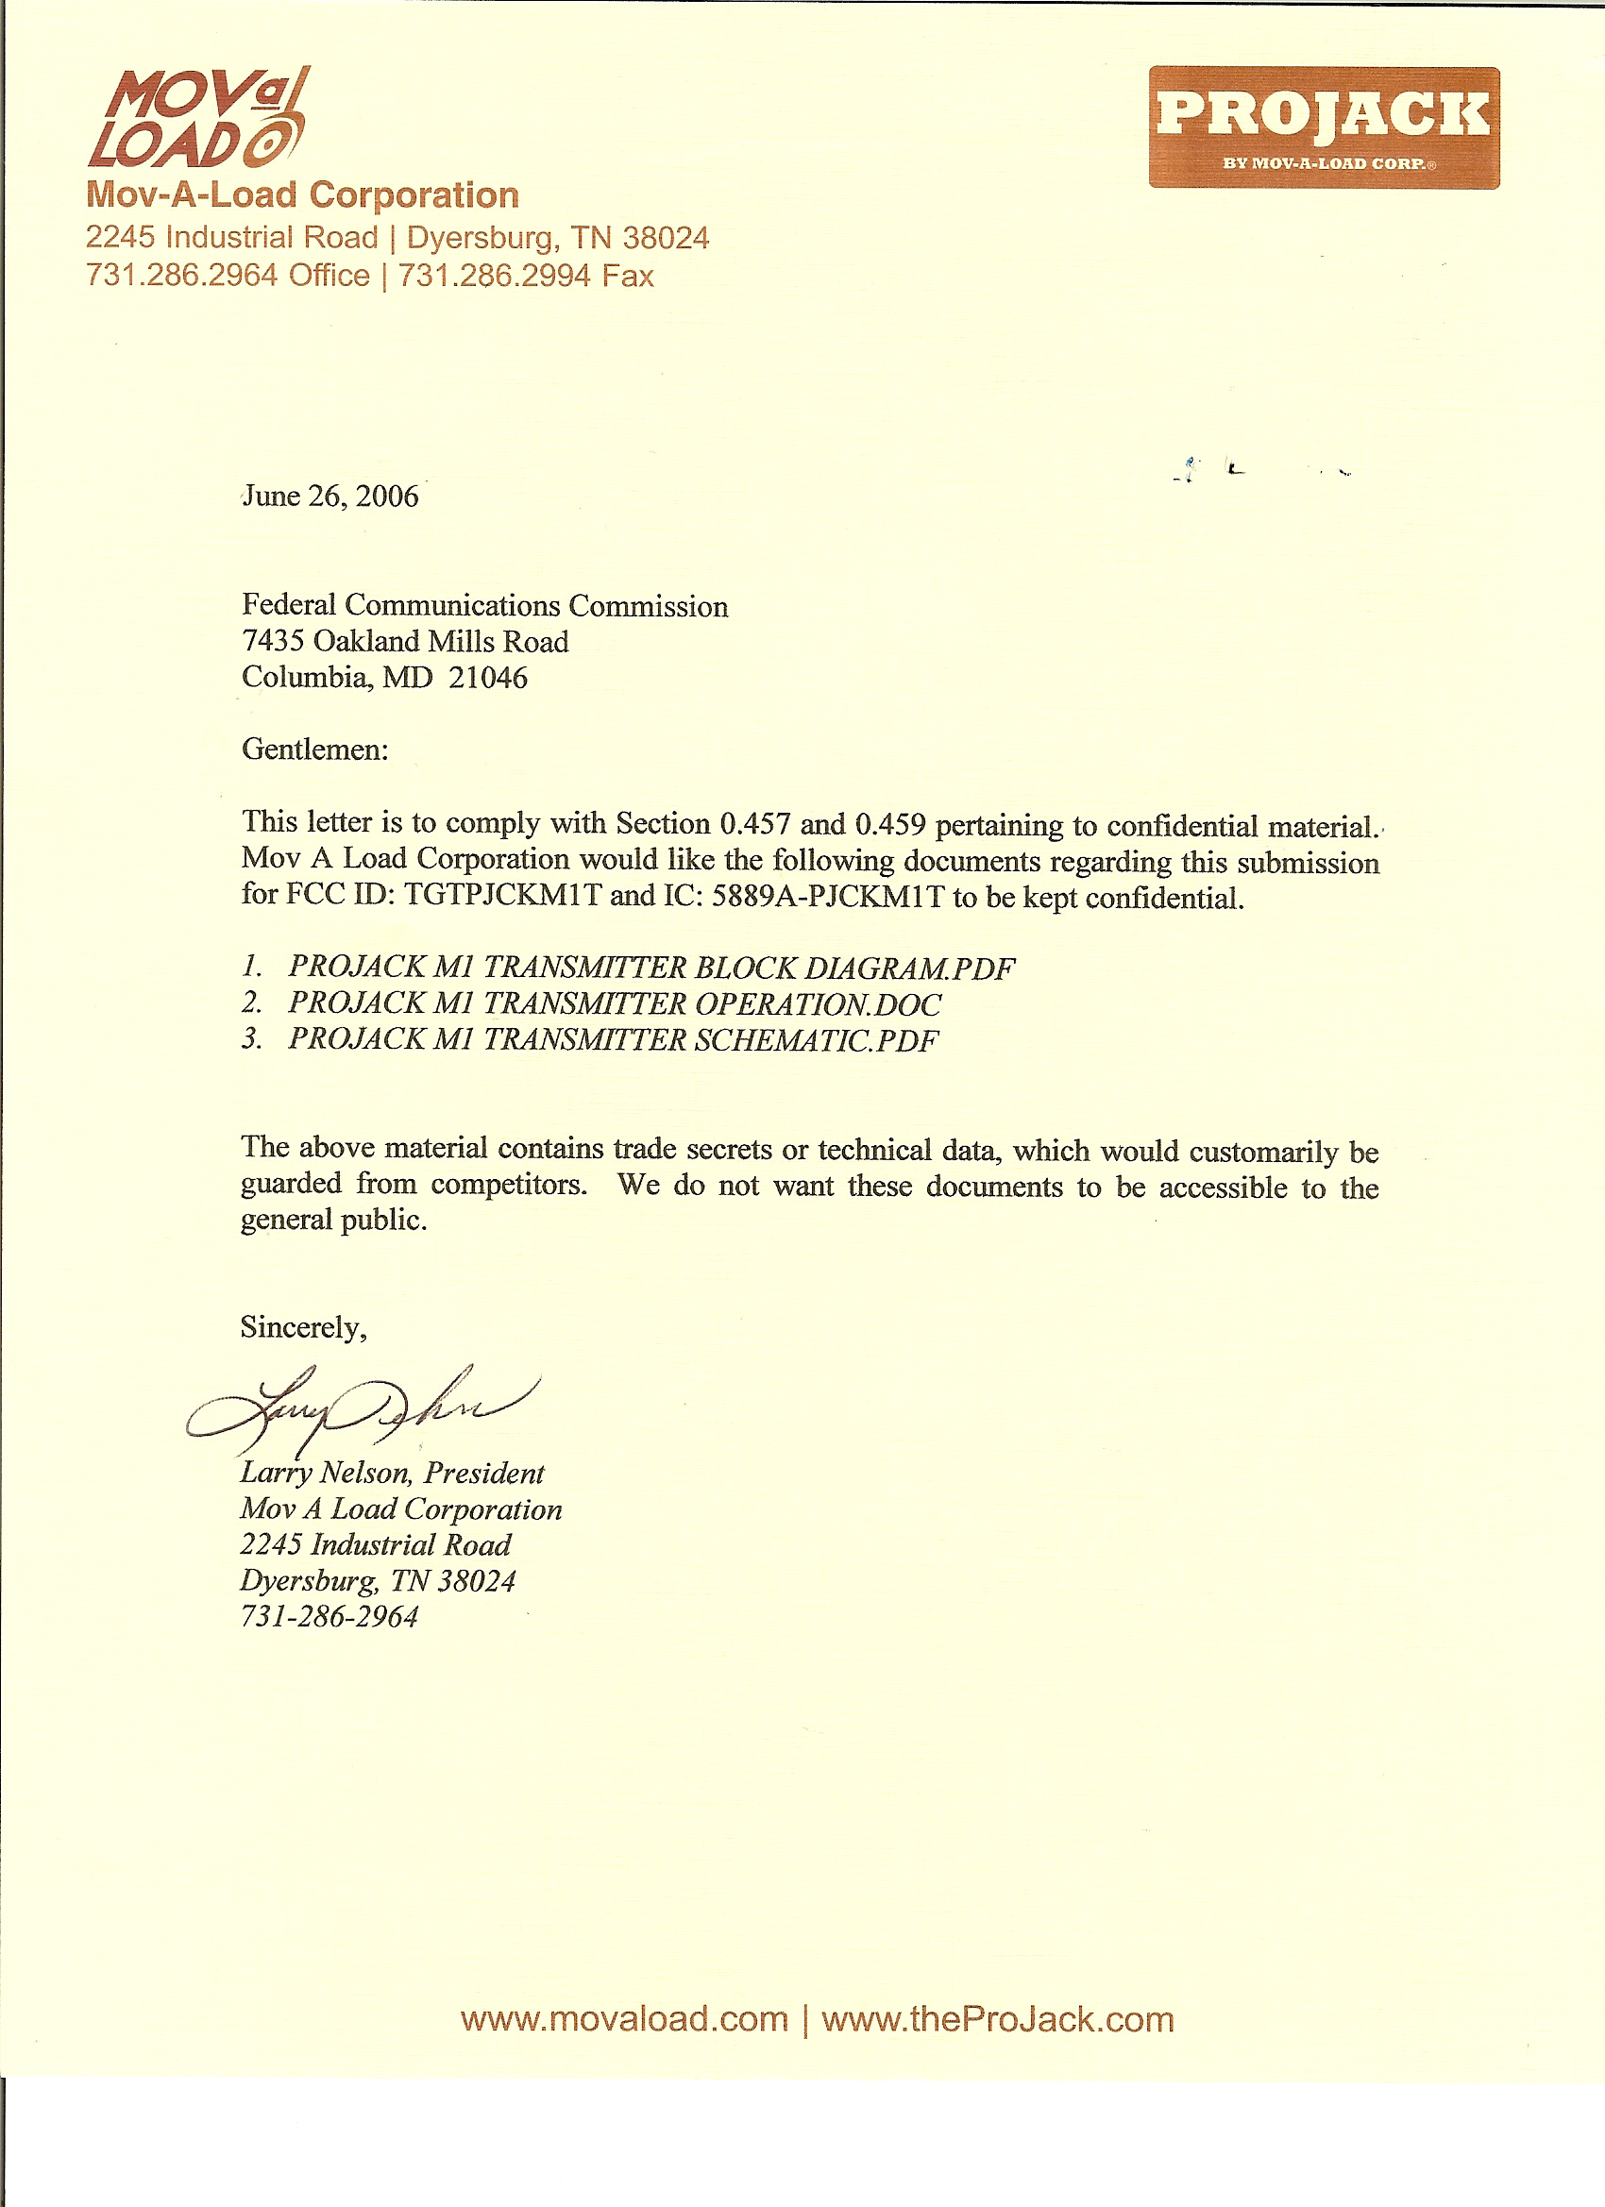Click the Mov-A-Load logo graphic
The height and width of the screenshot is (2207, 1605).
(x=198, y=119)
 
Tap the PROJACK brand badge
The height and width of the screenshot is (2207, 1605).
(x=1323, y=127)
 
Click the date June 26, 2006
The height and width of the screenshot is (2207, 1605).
(x=329, y=497)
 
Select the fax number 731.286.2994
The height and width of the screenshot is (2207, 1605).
(x=494, y=277)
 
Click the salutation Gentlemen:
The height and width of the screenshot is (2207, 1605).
(x=314, y=750)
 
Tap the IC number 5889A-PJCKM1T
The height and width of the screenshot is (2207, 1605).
(x=828, y=896)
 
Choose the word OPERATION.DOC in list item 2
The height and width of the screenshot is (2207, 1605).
(x=818, y=1004)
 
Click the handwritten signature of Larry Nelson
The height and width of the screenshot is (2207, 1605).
(x=360, y=1408)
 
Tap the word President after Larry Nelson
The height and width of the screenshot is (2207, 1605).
(x=483, y=1474)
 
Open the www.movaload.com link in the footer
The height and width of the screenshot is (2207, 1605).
(x=624, y=2019)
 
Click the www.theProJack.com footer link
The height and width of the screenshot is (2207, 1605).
(x=998, y=2019)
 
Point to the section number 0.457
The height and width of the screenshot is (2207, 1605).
(x=755, y=824)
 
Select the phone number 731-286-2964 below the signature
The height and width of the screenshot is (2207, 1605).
(x=329, y=1616)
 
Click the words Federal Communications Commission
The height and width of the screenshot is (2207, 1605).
(x=484, y=605)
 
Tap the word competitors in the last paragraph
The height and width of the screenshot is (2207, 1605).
(x=509, y=1185)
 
